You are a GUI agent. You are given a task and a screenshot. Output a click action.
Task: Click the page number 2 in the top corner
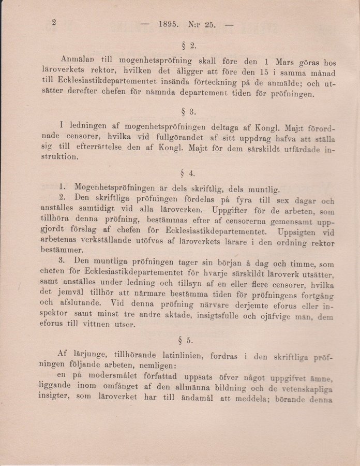point(53,22)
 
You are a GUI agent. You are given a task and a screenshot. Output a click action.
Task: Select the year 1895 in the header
point(169,24)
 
